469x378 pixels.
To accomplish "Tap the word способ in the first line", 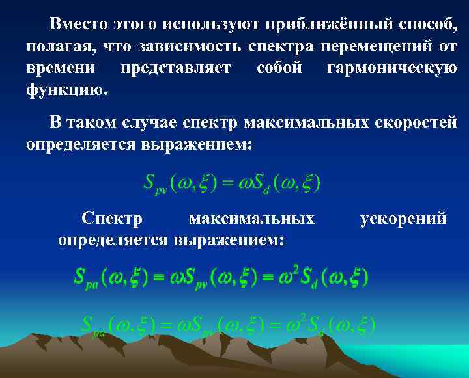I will coord(418,25).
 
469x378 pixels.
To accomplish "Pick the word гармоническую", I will coord(392,68).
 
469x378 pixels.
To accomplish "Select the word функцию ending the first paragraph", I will coord(65,89).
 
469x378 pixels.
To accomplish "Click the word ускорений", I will coord(403,219).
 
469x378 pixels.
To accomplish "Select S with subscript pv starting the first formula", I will coord(154,185).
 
